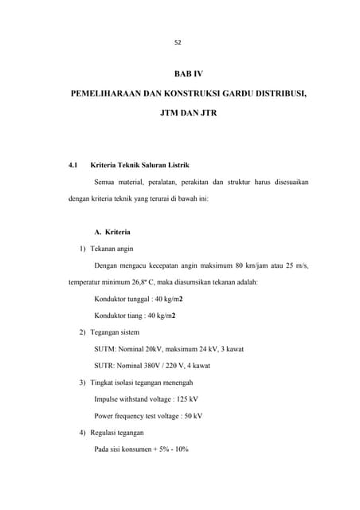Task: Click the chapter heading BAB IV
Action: coord(189,73)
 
